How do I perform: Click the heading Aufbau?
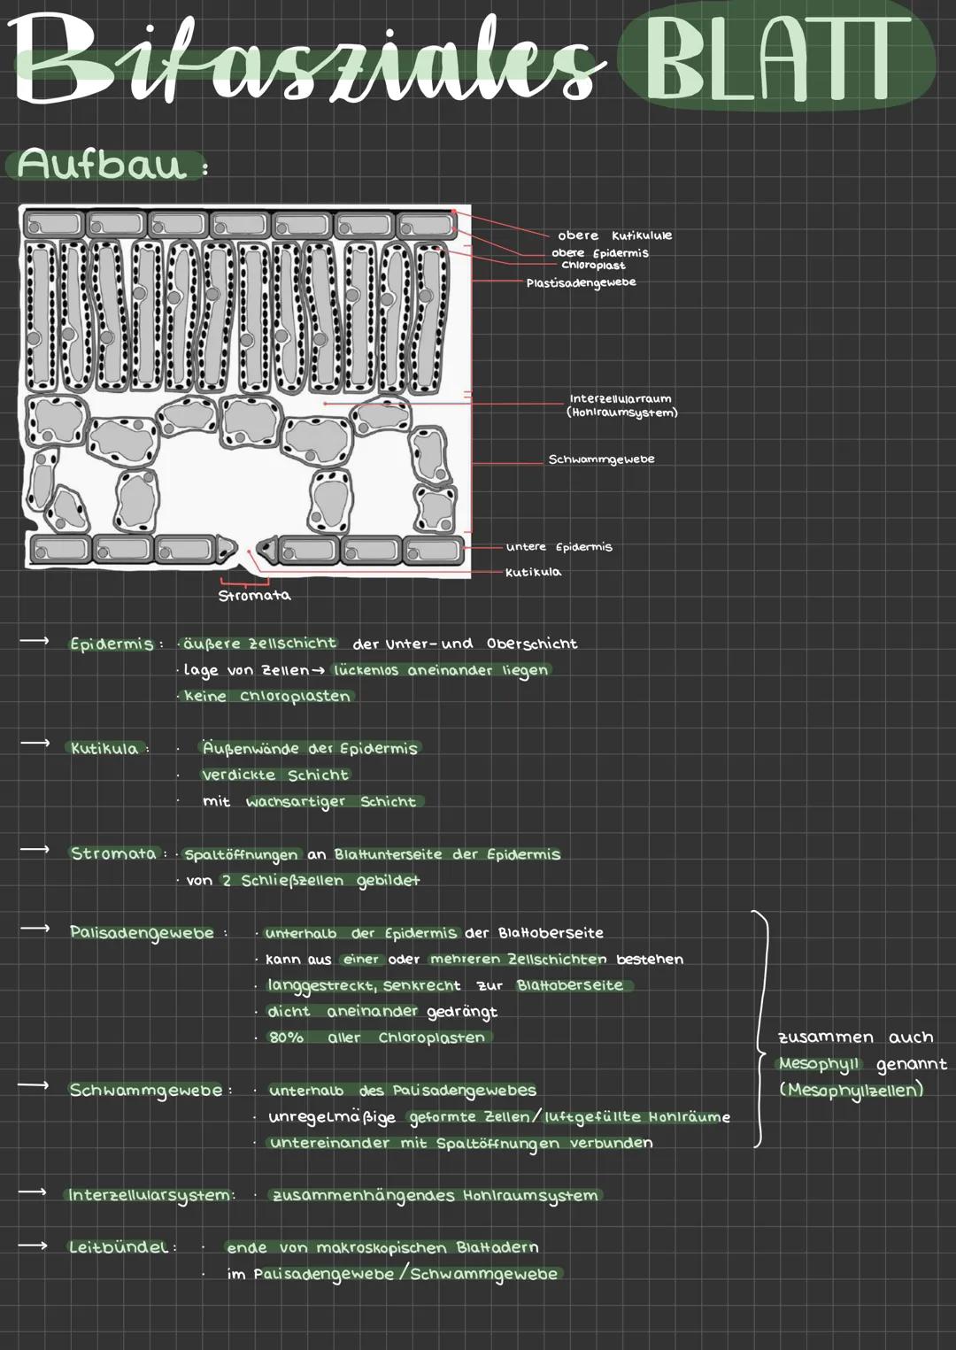point(103,165)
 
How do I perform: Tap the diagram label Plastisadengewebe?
point(581,282)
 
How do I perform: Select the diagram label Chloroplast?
point(593,266)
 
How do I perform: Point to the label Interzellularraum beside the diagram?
point(620,399)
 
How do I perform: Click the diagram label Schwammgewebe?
point(601,459)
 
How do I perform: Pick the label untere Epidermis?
point(559,547)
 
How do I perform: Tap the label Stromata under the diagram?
point(254,596)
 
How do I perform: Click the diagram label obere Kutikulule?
point(614,235)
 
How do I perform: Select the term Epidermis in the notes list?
point(112,644)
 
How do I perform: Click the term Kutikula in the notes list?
point(104,749)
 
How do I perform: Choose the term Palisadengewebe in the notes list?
point(142,932)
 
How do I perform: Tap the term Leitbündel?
point(119,1247)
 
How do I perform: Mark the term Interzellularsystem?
point(150,1195)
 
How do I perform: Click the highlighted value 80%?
point(286,1038)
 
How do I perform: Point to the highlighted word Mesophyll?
point(819,1063)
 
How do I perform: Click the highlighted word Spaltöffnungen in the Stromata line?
point(241,855)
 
